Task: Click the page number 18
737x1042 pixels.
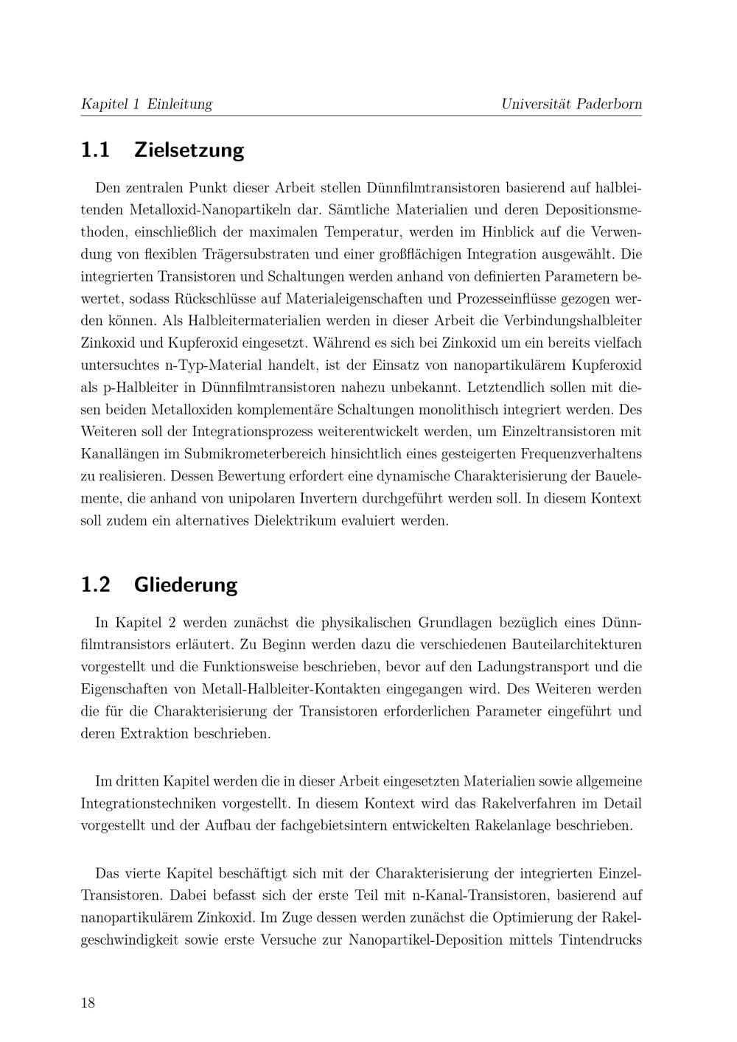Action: point(88,1002)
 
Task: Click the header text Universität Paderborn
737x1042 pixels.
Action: point(571,104)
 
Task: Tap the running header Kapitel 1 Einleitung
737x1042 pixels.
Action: point(146,104)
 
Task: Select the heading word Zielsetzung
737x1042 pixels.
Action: point(189,150)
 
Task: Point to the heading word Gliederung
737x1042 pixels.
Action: point(186,585)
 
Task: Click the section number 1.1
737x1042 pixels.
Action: point(95,150)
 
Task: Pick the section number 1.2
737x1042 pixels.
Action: point(95,585)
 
